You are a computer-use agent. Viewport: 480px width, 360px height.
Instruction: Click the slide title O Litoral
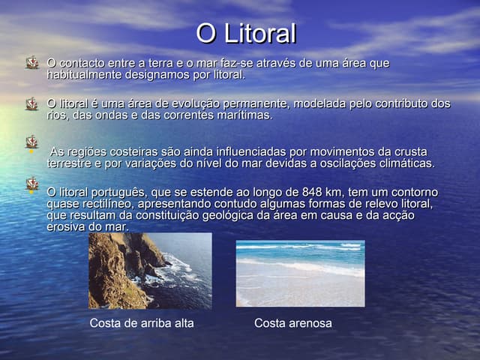point(246,33)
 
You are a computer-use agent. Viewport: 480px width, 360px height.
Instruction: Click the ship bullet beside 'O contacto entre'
point(31,62)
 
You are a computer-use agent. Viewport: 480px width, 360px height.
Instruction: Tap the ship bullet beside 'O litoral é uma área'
point(31,103)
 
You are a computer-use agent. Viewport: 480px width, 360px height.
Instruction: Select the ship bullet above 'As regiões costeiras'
point(31,142)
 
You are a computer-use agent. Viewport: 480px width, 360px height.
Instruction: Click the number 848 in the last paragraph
point(312,192)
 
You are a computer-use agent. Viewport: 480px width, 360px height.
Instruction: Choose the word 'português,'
point(119,193)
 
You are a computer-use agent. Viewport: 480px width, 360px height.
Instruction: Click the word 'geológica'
point(228,215)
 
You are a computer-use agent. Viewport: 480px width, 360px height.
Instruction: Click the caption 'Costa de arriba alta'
point(142,323)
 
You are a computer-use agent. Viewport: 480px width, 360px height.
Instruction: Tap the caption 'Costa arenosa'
point(293,323)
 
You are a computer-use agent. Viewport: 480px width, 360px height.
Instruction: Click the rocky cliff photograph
point(150,271)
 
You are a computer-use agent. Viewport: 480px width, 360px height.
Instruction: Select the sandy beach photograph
point(300,273)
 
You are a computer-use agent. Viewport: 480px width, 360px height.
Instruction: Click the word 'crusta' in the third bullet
point(410,151)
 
